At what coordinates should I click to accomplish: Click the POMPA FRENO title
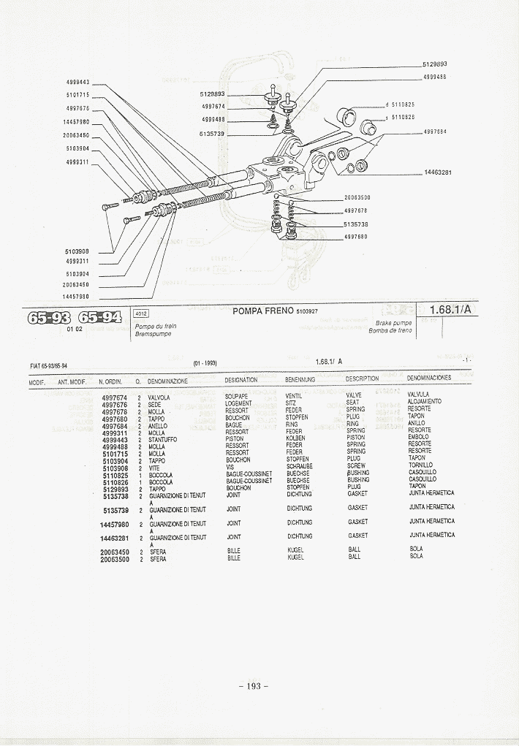click(263, 311)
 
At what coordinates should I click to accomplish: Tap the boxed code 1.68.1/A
click(450, 310)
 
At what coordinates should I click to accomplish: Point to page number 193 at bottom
click(254, 685)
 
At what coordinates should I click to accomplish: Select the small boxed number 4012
click(142, 313)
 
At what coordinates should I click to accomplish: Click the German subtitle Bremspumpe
click(153, 334)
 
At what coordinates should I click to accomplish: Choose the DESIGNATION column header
click(240, 380)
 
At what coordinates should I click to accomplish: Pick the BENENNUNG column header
click(300, 380)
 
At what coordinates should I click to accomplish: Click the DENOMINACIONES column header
click(428, 378)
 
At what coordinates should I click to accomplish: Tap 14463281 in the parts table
click(114, 538)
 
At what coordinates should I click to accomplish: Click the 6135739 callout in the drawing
click(211, 134)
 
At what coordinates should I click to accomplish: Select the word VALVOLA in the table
click(159, 397)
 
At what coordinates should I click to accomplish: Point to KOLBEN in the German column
click(295, 438)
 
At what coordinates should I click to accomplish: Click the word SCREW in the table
click(356, 465)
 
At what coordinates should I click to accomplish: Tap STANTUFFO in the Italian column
click(162, 440)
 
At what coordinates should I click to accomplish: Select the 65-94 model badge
click(99, 317)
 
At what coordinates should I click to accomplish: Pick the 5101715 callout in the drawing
click(77, 95)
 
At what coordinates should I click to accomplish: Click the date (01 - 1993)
click(205, 363)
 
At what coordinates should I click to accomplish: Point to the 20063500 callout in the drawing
click(357, 197)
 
